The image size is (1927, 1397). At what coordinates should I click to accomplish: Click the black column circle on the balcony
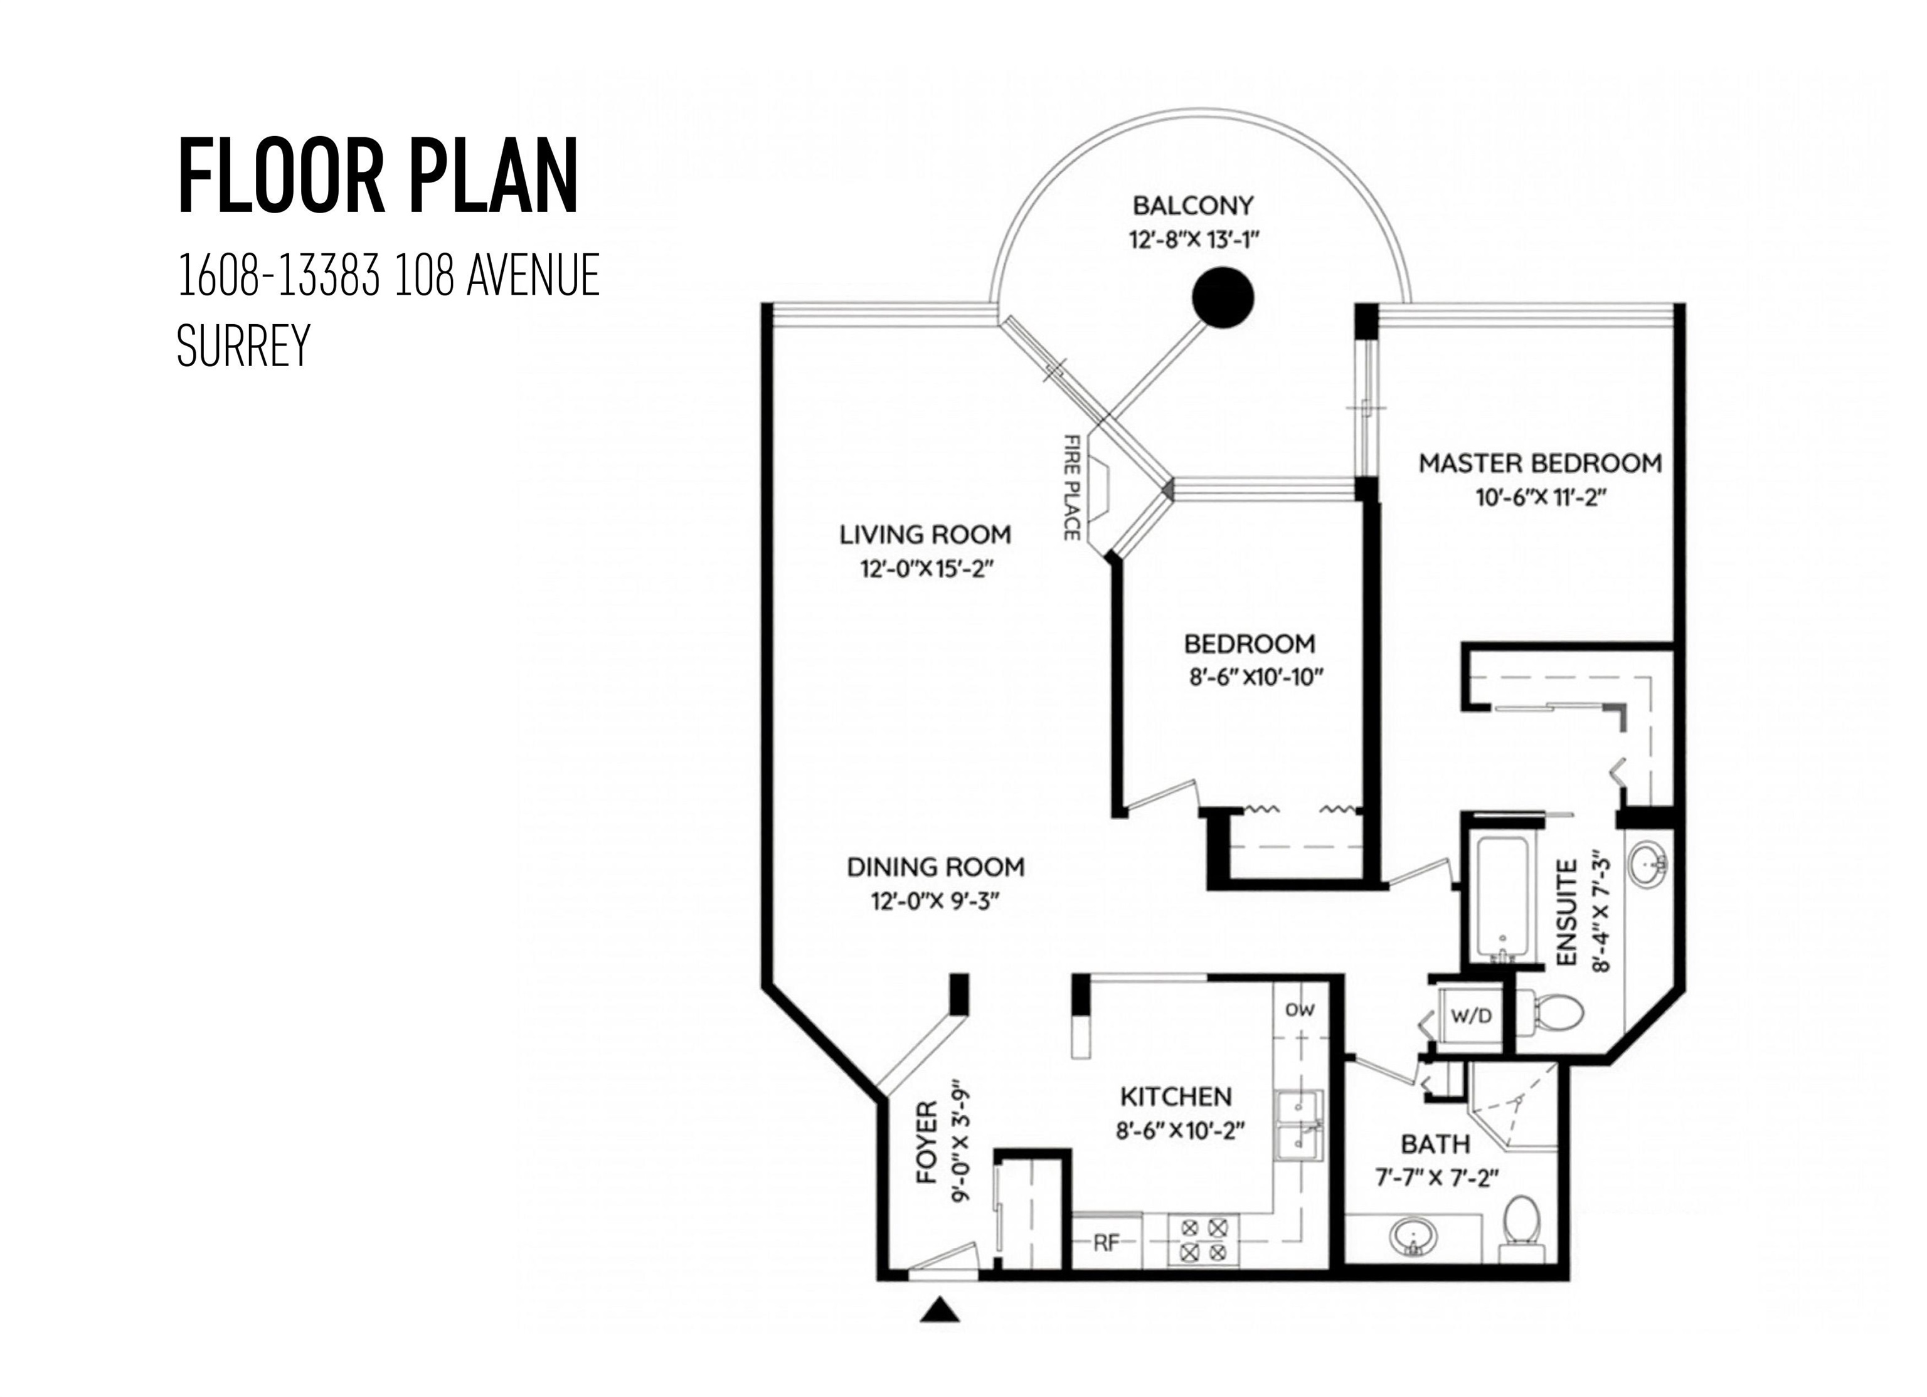coord(1223,297)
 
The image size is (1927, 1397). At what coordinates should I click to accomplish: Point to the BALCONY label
coord(1193,206)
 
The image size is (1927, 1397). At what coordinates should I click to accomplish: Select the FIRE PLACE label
coord(1072,487)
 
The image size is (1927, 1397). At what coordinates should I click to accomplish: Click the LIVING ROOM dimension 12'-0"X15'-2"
coord(926,568)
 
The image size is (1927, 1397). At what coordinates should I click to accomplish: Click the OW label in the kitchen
coord(1300,1010)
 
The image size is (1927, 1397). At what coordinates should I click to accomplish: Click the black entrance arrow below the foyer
coord(940,1309)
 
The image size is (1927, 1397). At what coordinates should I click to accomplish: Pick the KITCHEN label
coord(1176,1097)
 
